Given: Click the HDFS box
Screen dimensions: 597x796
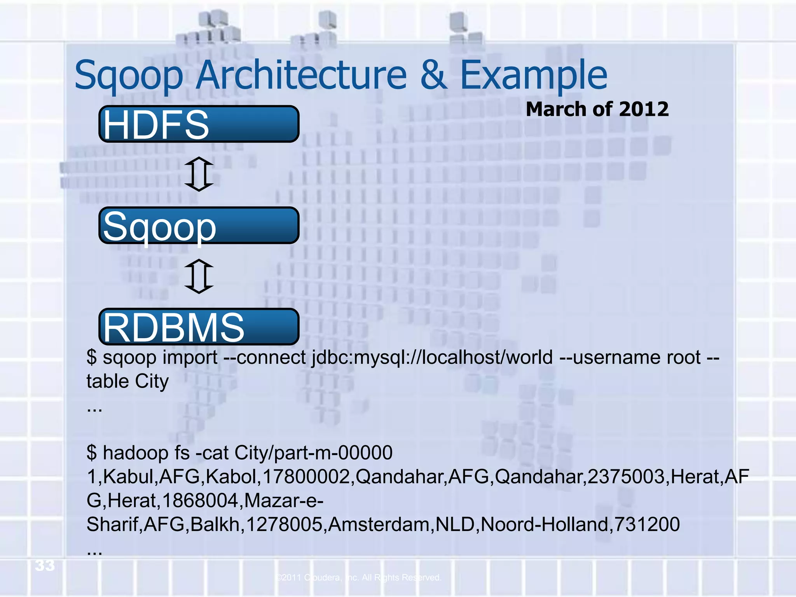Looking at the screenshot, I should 199,124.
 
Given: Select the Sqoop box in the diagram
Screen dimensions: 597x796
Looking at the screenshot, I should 199,226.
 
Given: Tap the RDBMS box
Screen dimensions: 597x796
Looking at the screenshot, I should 199,327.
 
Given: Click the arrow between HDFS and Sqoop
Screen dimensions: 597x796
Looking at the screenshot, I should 199,174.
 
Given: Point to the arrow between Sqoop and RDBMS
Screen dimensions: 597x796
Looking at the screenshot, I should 199,276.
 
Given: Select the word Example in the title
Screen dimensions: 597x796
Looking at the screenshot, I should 533,75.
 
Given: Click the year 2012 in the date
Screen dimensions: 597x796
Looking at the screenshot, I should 644,109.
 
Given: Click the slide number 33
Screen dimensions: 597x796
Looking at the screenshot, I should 45,566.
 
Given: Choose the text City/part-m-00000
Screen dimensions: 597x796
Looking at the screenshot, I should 313,453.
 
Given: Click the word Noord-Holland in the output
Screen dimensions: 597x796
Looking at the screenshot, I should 544,524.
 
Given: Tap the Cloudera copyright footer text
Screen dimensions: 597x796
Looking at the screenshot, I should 358,578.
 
